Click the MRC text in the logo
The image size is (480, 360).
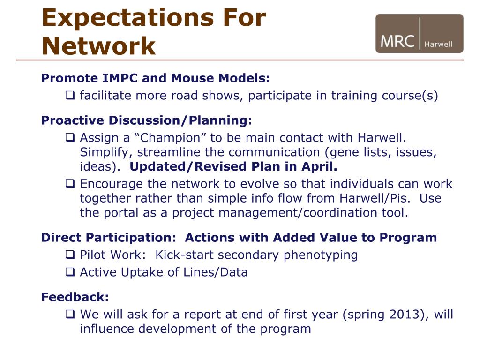[397, 41]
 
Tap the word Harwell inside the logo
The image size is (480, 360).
[438, 45]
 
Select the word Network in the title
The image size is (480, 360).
[98, 46]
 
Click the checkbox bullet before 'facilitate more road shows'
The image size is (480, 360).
[70, 95]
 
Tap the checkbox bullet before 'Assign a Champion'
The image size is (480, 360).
[70, 137]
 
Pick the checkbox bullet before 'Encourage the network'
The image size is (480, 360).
[70, 183]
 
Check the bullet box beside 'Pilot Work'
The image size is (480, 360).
[70, 255]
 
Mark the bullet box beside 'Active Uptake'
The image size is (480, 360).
[70, 272]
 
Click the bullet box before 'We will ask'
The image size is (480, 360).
[70, 314]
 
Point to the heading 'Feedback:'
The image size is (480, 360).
[75, 297]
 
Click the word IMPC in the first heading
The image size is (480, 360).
[120, 78]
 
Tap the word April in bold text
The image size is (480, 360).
[319, 166]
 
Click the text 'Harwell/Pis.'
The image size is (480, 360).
[375, 198]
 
